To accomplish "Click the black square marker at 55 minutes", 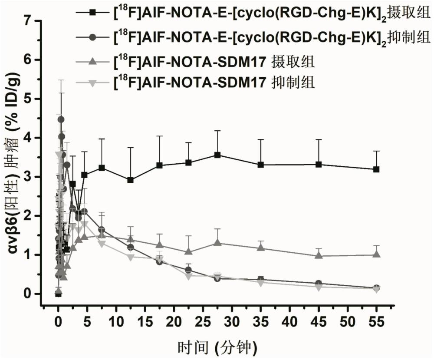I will tap(376, 169).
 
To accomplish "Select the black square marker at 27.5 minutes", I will tap(217, 155).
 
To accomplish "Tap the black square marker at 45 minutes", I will tap(319, 164).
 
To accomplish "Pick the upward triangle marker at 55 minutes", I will tap(376, 254).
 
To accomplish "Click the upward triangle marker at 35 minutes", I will tap(261, 248).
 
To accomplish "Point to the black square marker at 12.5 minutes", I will tap(130, 180).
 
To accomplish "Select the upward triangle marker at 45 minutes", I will tap(319, 255).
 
